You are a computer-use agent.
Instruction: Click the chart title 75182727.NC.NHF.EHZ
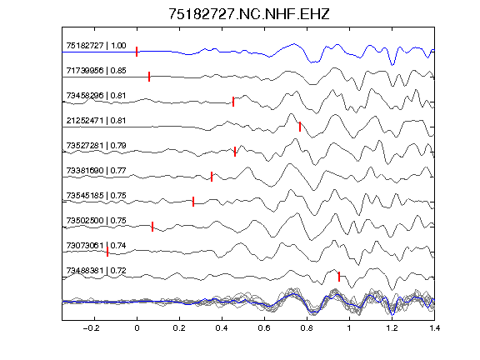coord(249,14)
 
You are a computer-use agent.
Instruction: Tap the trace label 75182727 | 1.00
coord(96,46)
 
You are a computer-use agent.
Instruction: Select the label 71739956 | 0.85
coord(96,71)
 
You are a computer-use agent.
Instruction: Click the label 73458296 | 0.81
coord(96,96)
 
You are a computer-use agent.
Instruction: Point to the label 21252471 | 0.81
coord(96,121)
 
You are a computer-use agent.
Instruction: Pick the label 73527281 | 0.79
coord(96,145)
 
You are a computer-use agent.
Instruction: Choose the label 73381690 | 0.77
coord(96,171)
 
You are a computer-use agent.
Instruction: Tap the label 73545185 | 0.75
coord(96,196)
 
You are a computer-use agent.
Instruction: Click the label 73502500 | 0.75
coord(96,221)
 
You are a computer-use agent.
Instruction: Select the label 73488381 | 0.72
coord(96,271)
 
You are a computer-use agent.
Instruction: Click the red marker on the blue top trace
coord(137,52)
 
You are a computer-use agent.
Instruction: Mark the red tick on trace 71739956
coord(149,77)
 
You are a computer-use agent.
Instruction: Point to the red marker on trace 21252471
coord(300,127)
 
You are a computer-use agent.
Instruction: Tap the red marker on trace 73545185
coord(193,202)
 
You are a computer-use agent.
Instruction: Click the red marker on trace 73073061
coord(107,252)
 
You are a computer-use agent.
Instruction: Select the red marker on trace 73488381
coord(339,277)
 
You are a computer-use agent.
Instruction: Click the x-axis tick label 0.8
coord(307,328)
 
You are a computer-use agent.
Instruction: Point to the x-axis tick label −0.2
coord(91,328)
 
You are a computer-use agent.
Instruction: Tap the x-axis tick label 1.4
coord(434,328)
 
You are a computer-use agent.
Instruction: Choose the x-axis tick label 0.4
coord(222,328)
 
